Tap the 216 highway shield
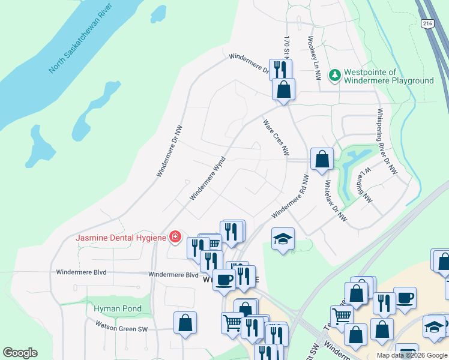pos(427,23)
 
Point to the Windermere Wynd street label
pos(207,178)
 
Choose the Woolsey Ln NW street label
pos(313,58)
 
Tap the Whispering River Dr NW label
pos(387,142)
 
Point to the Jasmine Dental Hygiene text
pos(120,238)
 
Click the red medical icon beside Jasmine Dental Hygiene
pos(175,237)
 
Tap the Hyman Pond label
pos(118,309)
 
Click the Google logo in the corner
pos(20,353)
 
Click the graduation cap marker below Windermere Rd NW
pos(283,239)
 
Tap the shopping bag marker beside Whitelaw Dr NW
pos(322,159)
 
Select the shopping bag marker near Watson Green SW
pos(185,322)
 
